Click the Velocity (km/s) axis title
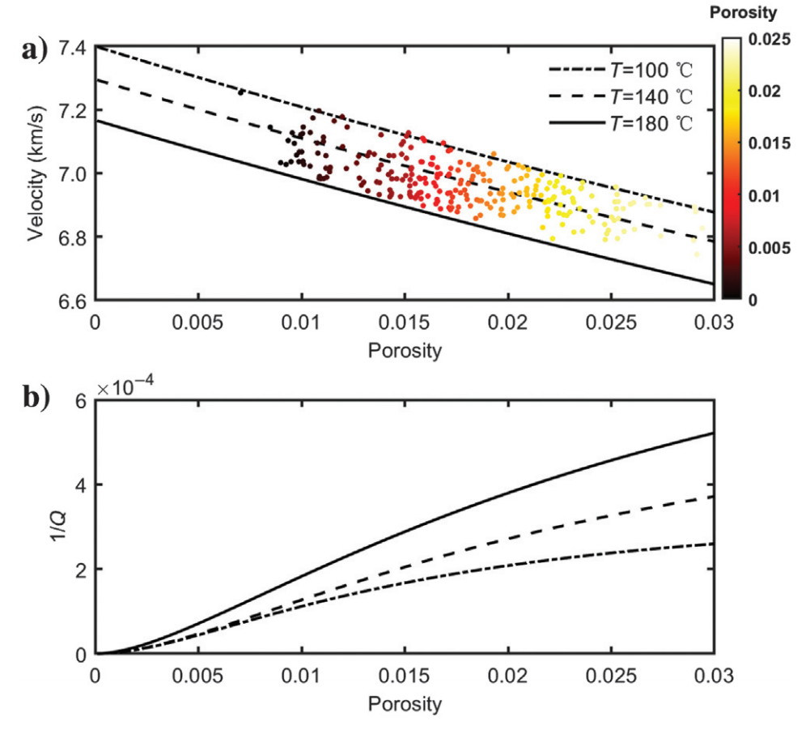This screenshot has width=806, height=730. pos(35,174)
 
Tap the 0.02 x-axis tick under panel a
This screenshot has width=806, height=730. pos(507,321)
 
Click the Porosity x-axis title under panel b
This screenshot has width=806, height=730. pos(405,703)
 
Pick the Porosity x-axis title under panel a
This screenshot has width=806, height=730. pos(405,350)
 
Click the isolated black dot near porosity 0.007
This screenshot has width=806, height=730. pos(240,92)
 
